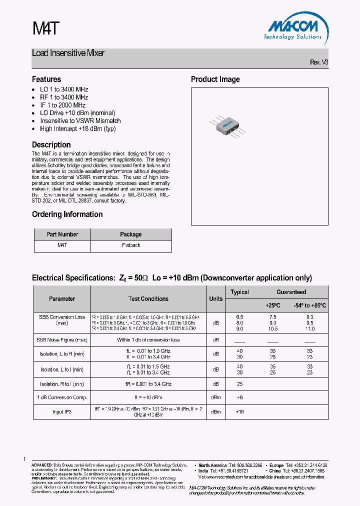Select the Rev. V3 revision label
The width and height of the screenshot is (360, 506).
(x=319, y=62)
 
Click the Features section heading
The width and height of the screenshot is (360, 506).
(x=46, y=79)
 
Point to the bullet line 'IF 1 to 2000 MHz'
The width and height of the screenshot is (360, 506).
(x=62, y=105)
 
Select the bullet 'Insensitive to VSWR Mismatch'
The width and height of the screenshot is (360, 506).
(x=80, y=120)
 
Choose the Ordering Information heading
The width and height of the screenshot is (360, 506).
(x=67, y=214)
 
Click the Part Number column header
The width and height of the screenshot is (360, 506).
(x=62, y=234)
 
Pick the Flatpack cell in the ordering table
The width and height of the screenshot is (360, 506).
(x=131, y=245)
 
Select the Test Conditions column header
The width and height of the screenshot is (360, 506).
(x=148, y=299)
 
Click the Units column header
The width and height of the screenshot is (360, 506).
(x=216, y=299)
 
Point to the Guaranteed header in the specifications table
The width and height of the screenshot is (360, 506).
(x=291, y=292)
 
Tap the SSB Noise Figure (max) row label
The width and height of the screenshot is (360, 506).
(x=62, y=340)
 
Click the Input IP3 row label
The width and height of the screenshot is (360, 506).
(x=62, y=411)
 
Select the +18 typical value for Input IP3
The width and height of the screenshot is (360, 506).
(x=239, y=411)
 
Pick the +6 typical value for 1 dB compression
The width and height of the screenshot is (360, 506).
(x=239, y=397)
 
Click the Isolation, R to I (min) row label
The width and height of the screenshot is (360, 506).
(x=62, y=384)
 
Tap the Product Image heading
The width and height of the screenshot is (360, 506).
(x=215, y=79)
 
